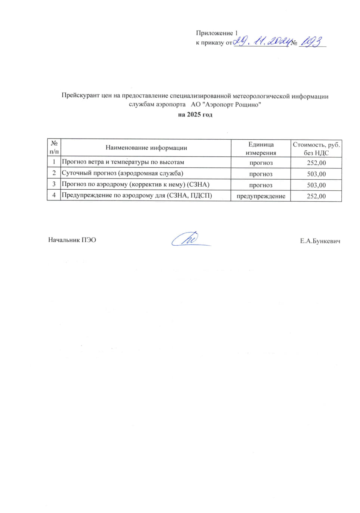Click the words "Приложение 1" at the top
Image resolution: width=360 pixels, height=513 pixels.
[217, 33]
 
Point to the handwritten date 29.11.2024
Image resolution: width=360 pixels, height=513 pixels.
[261, 41]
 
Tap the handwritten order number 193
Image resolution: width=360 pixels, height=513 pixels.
[311, 41]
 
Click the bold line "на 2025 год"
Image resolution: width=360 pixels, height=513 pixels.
[195, 115]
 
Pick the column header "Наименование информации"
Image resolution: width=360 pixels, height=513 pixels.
[146, 148]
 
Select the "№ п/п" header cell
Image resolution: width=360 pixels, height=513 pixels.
[54, 148]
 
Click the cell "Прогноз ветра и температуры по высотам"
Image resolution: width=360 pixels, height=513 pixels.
[123, 162]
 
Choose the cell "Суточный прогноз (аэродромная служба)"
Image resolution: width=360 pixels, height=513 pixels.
[122, 173]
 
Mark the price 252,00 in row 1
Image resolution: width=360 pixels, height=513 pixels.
[316, 163]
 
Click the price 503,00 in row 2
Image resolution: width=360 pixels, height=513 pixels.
[316, 174]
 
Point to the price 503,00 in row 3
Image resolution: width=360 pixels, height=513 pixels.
[316, 185]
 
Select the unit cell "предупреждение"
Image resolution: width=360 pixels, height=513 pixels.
[261, 196]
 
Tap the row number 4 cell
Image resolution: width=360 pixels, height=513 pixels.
[54, 195]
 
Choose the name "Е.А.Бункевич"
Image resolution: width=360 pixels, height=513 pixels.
[320, 241]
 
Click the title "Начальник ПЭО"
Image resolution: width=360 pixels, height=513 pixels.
[72, 240]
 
